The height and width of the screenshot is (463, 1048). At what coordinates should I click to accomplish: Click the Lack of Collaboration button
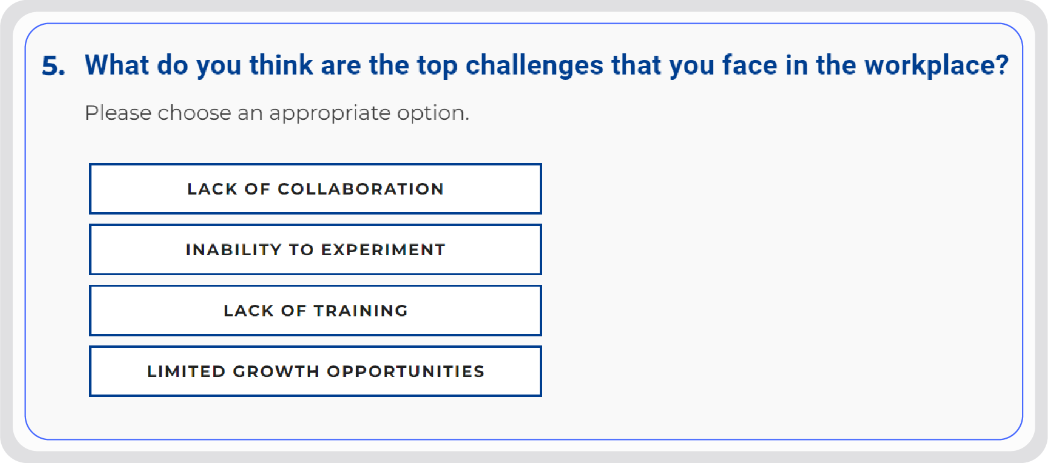(315, 188)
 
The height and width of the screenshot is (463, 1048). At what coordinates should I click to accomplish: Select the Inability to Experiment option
(315, 250)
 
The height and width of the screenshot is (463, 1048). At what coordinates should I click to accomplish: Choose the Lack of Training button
(315, 310)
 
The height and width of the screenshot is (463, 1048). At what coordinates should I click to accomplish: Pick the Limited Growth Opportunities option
(315, 371)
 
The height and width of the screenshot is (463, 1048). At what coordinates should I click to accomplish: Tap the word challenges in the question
(534, 65)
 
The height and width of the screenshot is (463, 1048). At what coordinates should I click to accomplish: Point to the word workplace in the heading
(929, 65)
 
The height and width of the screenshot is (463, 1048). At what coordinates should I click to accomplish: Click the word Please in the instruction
(118, 113)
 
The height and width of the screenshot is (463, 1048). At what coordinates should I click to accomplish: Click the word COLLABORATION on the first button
(360, 189)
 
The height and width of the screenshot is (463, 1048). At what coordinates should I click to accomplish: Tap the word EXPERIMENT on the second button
(383, 250)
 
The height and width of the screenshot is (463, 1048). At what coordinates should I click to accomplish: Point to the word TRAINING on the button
(360, 311)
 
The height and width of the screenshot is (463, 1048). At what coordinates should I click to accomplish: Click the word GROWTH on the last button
(276, 371)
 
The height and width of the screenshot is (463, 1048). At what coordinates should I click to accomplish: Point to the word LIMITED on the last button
(186, 371)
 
